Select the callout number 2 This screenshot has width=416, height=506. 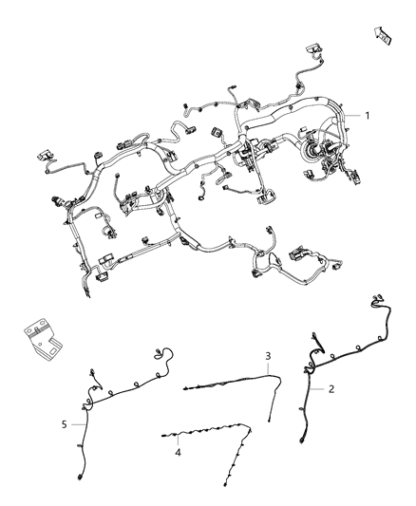(331, 388)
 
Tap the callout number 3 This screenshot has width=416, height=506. (269, 355)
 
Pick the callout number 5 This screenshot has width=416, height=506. (65, 424)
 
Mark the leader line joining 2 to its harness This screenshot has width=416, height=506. (318, 388)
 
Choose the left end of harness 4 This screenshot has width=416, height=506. (162, 436)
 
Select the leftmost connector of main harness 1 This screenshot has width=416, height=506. (41, 152)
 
